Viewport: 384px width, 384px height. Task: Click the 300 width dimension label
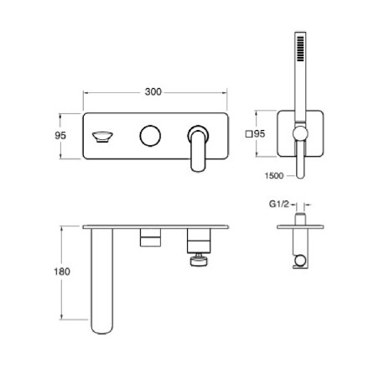pos(153,91)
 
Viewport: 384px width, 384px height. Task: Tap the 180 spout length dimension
pos(62,272)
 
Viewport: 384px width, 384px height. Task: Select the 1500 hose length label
pos(274,175)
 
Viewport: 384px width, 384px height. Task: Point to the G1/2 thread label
pos(279,204)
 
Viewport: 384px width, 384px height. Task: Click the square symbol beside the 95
pos(248,134)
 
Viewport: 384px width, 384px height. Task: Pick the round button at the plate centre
pos(150,136)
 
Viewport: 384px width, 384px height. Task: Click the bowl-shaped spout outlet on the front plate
pos(102,137)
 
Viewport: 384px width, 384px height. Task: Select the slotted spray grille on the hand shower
pos(300,49)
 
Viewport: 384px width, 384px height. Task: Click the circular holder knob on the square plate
pos(300,132)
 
